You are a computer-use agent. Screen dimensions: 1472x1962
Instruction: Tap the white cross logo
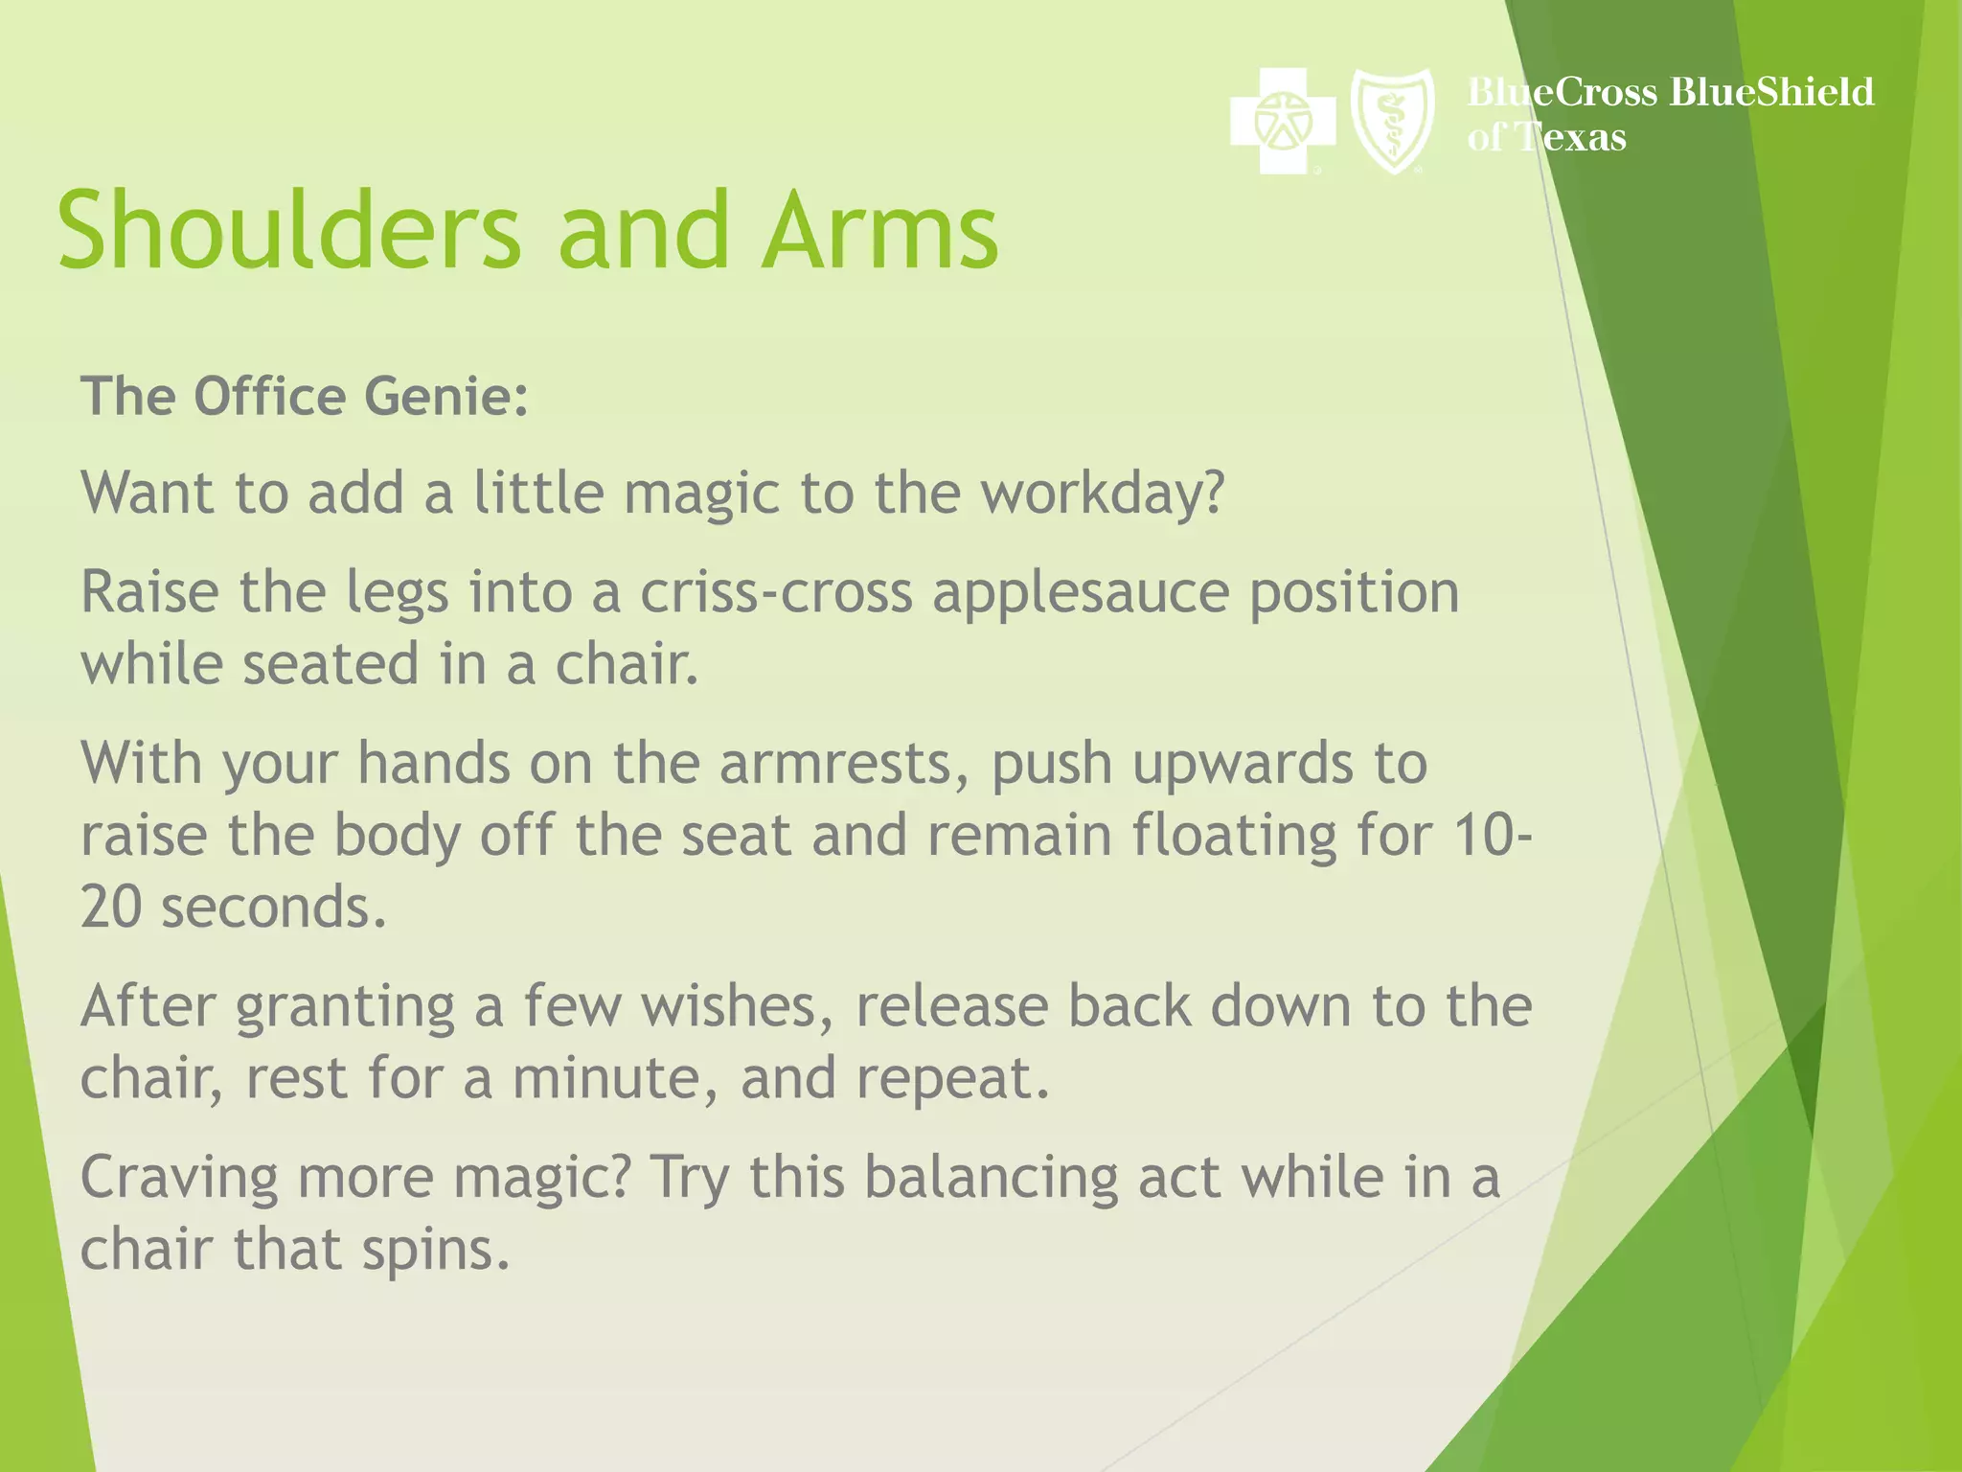pos(1282,121)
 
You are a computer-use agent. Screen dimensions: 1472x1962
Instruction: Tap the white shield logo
pos(1392,121)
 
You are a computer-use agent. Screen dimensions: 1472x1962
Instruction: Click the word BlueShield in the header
pos(1771,92)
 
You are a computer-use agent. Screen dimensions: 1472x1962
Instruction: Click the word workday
pos(1103,494)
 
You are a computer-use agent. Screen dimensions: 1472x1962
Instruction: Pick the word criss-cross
pos(776,593)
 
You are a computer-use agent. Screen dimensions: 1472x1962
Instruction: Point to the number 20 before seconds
pos(111,908)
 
